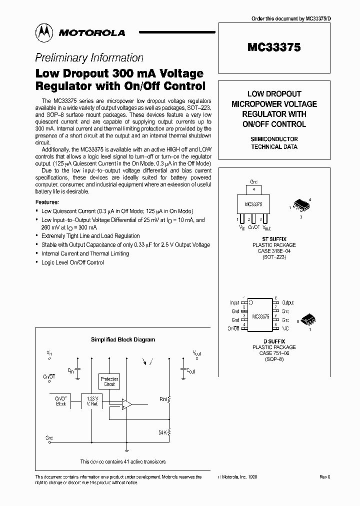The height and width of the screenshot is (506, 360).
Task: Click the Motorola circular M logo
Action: [x=44, y=32]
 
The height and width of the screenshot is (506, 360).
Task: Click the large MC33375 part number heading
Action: [x=274, y=47]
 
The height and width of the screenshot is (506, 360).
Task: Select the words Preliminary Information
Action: [x=89, y=57]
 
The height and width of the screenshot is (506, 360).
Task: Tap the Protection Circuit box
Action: [x=109, y=381]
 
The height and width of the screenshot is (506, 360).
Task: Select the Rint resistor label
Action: [x=163, y=399]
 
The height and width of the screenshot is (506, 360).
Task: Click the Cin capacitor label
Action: [x=71, y=371]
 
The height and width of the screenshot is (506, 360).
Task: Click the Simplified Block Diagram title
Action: [x=122, y=339]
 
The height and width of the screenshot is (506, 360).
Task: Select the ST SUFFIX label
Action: [x=273, y=239]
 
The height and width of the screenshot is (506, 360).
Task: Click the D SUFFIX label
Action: [x=273, y=341]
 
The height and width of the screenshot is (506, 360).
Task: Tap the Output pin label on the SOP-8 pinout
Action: [x=287, y=303]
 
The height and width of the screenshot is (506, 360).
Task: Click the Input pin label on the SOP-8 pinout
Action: [x=234, y=303]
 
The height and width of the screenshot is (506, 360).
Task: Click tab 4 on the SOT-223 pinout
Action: [x=254, y=190]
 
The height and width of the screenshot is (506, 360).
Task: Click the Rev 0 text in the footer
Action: [x=325, y=477]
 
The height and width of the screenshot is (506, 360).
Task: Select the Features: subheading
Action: [x=47, y=202]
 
